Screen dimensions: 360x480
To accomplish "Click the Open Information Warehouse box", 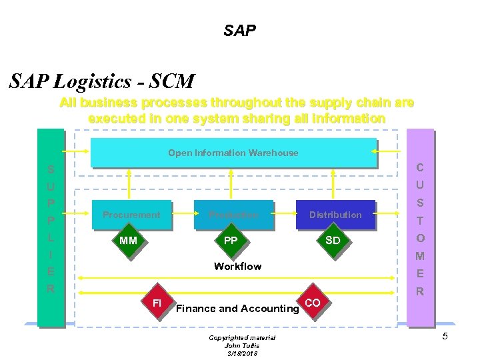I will tap(233, 153).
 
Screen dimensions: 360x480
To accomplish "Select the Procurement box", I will tap(131, 215).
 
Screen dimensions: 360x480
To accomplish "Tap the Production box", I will tap(233, 215).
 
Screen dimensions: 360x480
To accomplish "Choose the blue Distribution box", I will tap(335, 215).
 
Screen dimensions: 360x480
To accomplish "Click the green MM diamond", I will tap(129, 240).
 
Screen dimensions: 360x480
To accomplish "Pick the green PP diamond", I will tap(231, 240).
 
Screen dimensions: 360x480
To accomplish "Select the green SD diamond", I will tap(333, 240).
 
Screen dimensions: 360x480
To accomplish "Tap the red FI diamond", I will tap(157, 303).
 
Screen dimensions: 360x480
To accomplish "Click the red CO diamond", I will tap(312, 303).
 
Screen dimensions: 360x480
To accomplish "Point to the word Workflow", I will tap(237, 266).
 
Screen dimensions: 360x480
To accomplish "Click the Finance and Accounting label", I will tap(237, 308).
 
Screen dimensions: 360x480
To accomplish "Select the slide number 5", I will tap(445, 336).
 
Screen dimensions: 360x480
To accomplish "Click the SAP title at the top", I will tap(239, 31).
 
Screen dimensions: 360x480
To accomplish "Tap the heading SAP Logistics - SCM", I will tap(102, 81).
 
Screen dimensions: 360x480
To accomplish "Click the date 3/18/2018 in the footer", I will tap(241, 353).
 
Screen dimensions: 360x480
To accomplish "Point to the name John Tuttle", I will tap(241, 345).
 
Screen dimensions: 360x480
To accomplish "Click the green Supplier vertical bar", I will tap(51, 227).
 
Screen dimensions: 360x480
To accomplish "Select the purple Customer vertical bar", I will tap(419, 227).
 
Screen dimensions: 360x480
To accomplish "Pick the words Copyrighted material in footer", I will tap(241, 338).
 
